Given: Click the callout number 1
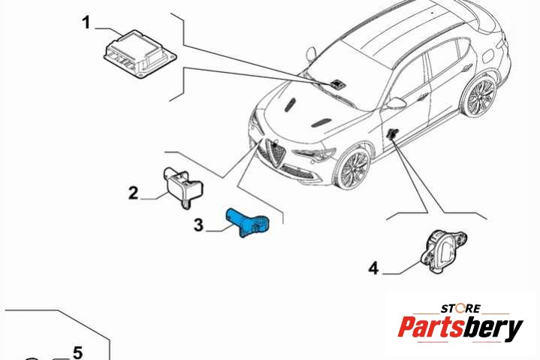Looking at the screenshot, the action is click(x=86, y=23).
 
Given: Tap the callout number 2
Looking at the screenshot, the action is click(x=133, y=193).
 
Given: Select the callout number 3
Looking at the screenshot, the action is click(x=199, y=225).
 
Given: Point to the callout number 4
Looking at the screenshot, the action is click(x=374, y=268).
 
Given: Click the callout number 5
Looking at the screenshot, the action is click(x=78, y=352).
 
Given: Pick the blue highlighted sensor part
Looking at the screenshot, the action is click(x=247, y=223).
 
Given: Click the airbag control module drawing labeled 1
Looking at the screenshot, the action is click(x=140, y=54).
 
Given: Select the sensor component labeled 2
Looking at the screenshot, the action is click(x=183, y=186).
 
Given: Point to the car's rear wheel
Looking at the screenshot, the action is click(x=480, y=95).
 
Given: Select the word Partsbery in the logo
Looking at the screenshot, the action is click(x=460, y=327).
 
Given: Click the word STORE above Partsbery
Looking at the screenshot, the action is click(x=460, y=307).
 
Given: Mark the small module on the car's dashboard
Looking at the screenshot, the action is click(x=336, y=83).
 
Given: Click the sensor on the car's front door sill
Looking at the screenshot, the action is click(x=392, y=133).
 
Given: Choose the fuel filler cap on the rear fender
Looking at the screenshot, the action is click(x=489, y=55).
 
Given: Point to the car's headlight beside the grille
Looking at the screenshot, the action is click(x=314, y=154).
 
